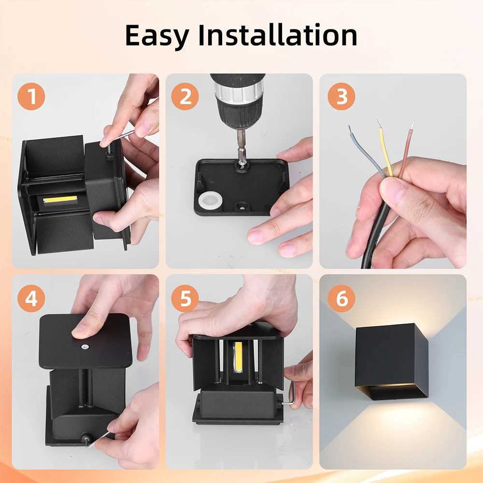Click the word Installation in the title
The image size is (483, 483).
point(278,35)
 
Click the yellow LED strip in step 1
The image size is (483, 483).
point(60,199)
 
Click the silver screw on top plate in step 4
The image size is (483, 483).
point(85,346)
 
